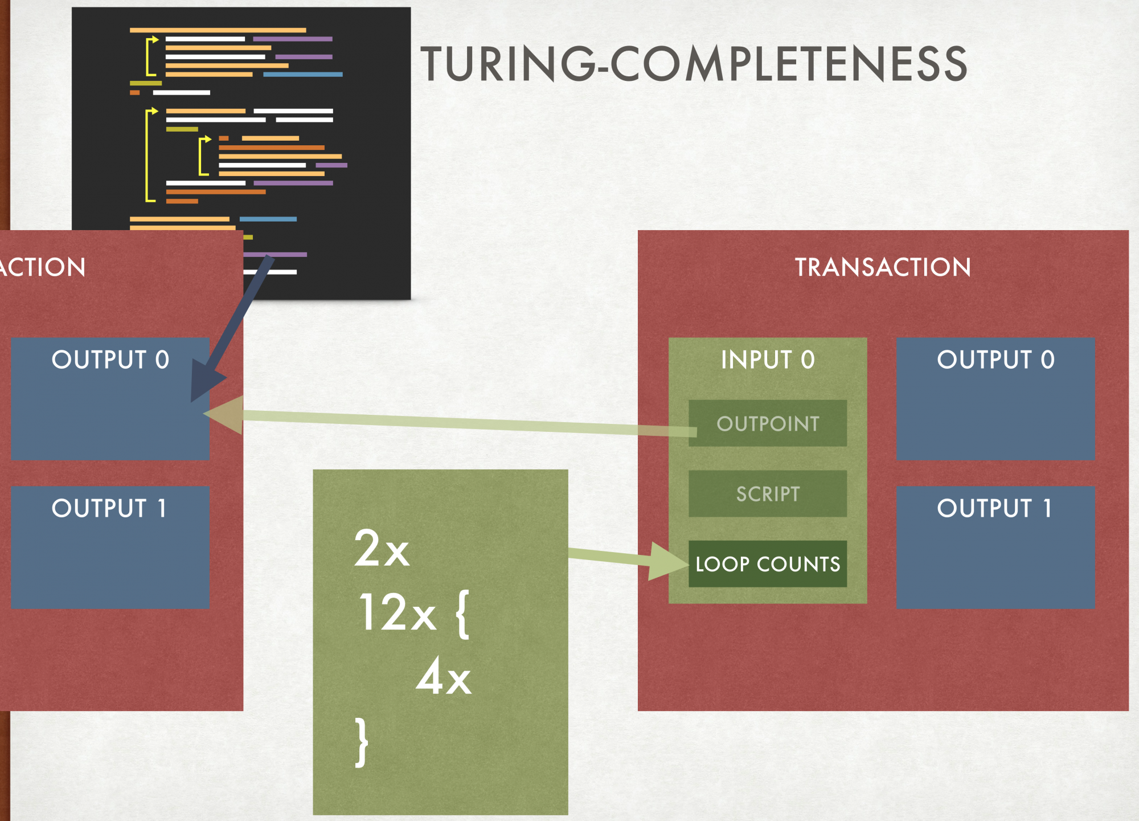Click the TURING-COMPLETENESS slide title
click(694, 64)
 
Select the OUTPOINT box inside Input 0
click(768, 423)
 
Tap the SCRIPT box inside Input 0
click(768, 493)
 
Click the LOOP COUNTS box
click(768, 563)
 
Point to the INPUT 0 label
click(768, 360)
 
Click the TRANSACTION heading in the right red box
click(883, 267)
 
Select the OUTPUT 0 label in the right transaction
click(995, 360)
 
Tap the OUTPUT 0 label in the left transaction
click(110, 360)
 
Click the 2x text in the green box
click(381, 548)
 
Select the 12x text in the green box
click(397, 612)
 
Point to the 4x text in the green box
click(444, 676)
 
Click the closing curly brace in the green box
click(362, 742)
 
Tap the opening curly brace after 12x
click(462, 614)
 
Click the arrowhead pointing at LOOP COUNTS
click(669, 562)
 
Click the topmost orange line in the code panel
click(218, 30)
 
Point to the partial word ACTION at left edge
click(42, 267)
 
